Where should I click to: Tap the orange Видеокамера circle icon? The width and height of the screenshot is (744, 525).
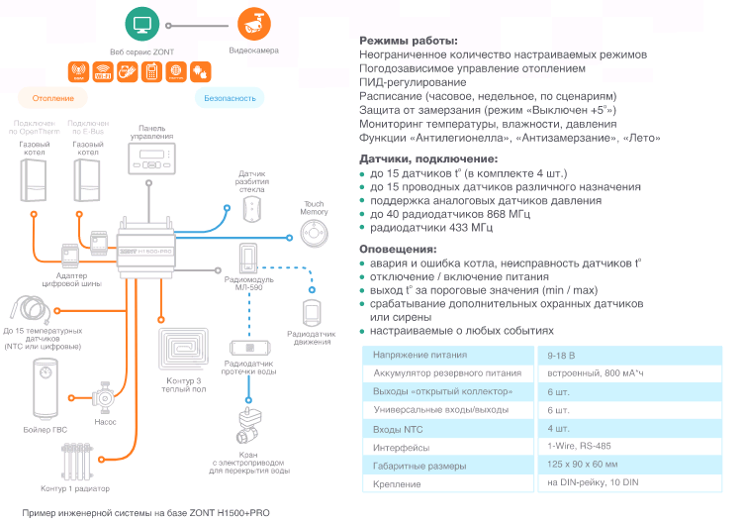(253, 22)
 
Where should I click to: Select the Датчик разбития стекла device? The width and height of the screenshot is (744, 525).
(251, 207)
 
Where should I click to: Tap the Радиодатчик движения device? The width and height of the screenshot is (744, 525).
(313, 311)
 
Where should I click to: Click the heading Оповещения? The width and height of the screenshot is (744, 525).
(397, 249)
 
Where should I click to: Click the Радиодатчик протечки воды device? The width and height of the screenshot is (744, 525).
(249, 349)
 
